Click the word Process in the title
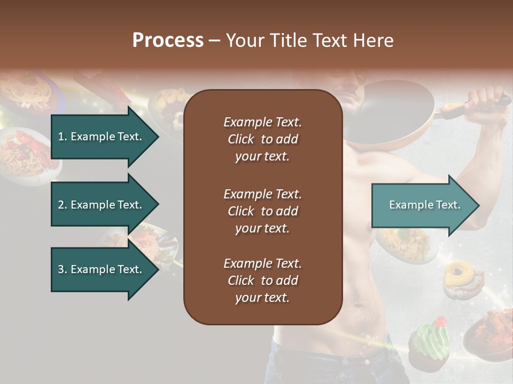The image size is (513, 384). [x=168, y=41]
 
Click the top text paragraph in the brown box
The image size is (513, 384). [x=262, y=139]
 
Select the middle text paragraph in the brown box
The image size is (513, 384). [x=262, y=211]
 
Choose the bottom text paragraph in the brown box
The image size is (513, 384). [x=262, y=281]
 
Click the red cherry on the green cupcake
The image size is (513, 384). [x=440, y=322]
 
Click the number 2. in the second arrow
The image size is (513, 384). [x=63, y=205]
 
